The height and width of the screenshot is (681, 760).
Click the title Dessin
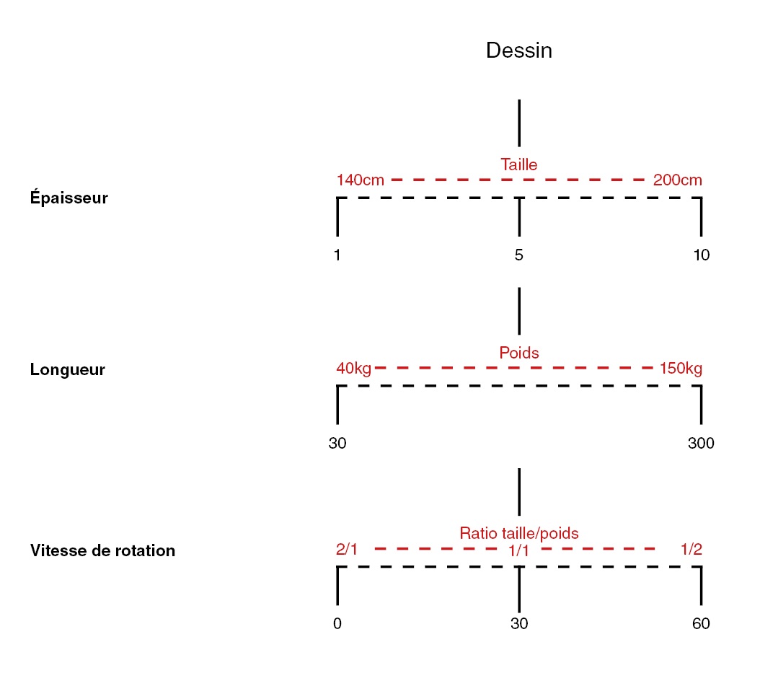519,50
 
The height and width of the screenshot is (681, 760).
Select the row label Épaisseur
69,198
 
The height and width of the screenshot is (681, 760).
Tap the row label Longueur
68,370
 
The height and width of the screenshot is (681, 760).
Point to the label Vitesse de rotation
102,551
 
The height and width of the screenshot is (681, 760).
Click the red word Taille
519,164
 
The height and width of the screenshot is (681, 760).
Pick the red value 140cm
361,180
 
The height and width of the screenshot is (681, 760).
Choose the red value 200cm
677,180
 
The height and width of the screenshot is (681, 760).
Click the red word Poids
519,353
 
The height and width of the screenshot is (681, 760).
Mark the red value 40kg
353,369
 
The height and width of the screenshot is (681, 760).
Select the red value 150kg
681,369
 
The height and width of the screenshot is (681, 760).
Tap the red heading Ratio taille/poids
519,533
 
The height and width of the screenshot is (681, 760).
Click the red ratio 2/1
347,549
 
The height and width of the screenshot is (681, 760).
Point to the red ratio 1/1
519,551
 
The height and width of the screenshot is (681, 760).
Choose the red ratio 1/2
691,549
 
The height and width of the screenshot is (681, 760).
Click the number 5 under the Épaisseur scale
519,255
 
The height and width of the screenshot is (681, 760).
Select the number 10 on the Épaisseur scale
701,255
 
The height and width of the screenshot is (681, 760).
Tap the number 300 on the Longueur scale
701,444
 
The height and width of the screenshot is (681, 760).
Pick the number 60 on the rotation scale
701,624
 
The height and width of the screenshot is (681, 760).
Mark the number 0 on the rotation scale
337,624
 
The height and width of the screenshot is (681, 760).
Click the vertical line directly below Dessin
519,123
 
